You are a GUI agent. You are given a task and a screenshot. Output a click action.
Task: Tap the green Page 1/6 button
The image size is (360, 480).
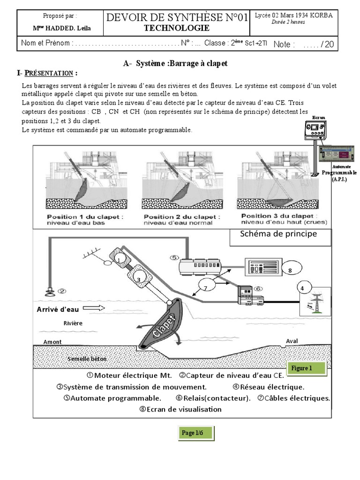(x=196, y=433)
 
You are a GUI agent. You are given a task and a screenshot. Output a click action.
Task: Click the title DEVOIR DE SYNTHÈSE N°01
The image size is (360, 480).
(x=177, y=18)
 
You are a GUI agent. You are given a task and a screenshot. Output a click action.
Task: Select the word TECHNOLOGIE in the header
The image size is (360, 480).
(x=177, y=28)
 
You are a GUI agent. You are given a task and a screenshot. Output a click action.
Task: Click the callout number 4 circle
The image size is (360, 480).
(x=302, y=287)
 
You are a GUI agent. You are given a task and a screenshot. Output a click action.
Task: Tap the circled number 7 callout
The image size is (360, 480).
(x=204, y=287)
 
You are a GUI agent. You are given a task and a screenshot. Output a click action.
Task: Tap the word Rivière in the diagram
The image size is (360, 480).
(x=73, y=323)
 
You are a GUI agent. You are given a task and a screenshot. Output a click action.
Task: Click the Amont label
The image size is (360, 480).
(x=52, y=342)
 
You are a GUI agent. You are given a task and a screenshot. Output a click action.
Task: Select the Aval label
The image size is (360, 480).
(x=292, y=341)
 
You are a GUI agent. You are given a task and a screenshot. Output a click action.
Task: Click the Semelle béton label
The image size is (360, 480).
(x=87, y=359)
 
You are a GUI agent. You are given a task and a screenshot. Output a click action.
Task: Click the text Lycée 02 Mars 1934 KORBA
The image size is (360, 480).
(x=293, y=15)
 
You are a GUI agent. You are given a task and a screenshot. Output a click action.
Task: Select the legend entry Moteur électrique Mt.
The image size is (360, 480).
(x=129, y=376)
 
